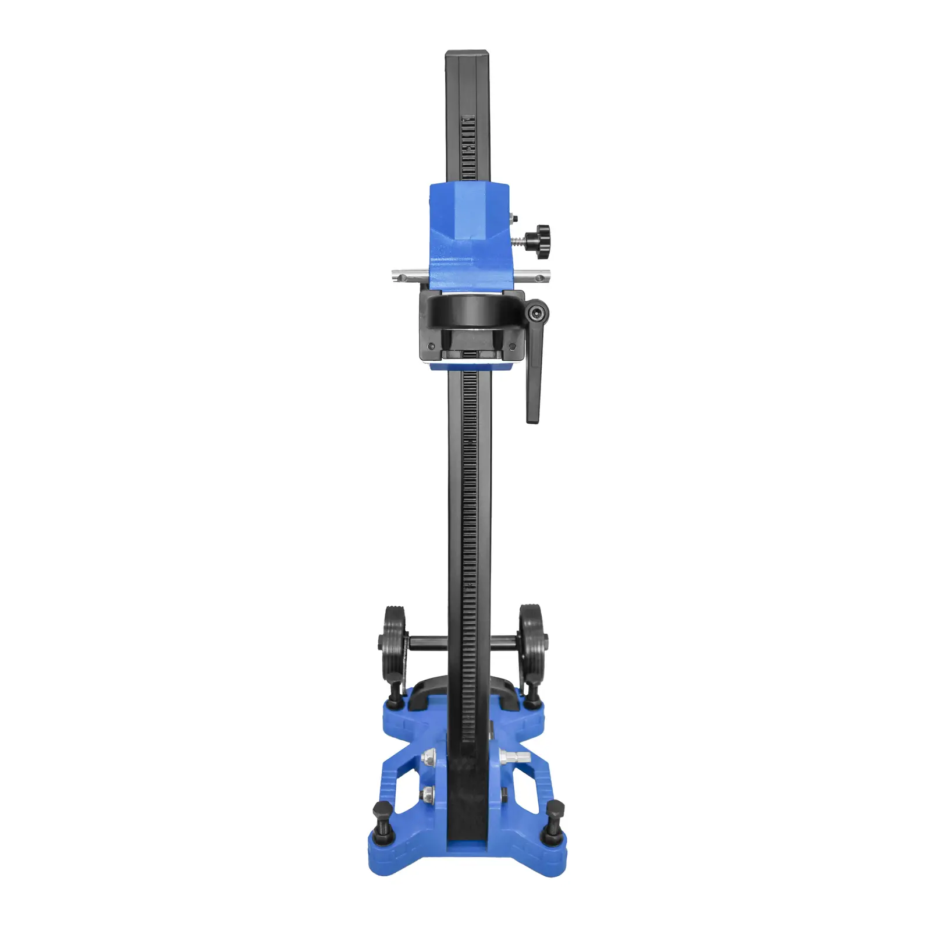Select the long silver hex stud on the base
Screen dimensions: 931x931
click(514, 758)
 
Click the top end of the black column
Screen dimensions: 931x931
click(467, 56)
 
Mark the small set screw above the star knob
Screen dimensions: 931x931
click(511, 217)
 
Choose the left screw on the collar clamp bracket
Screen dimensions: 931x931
click(431, 346)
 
